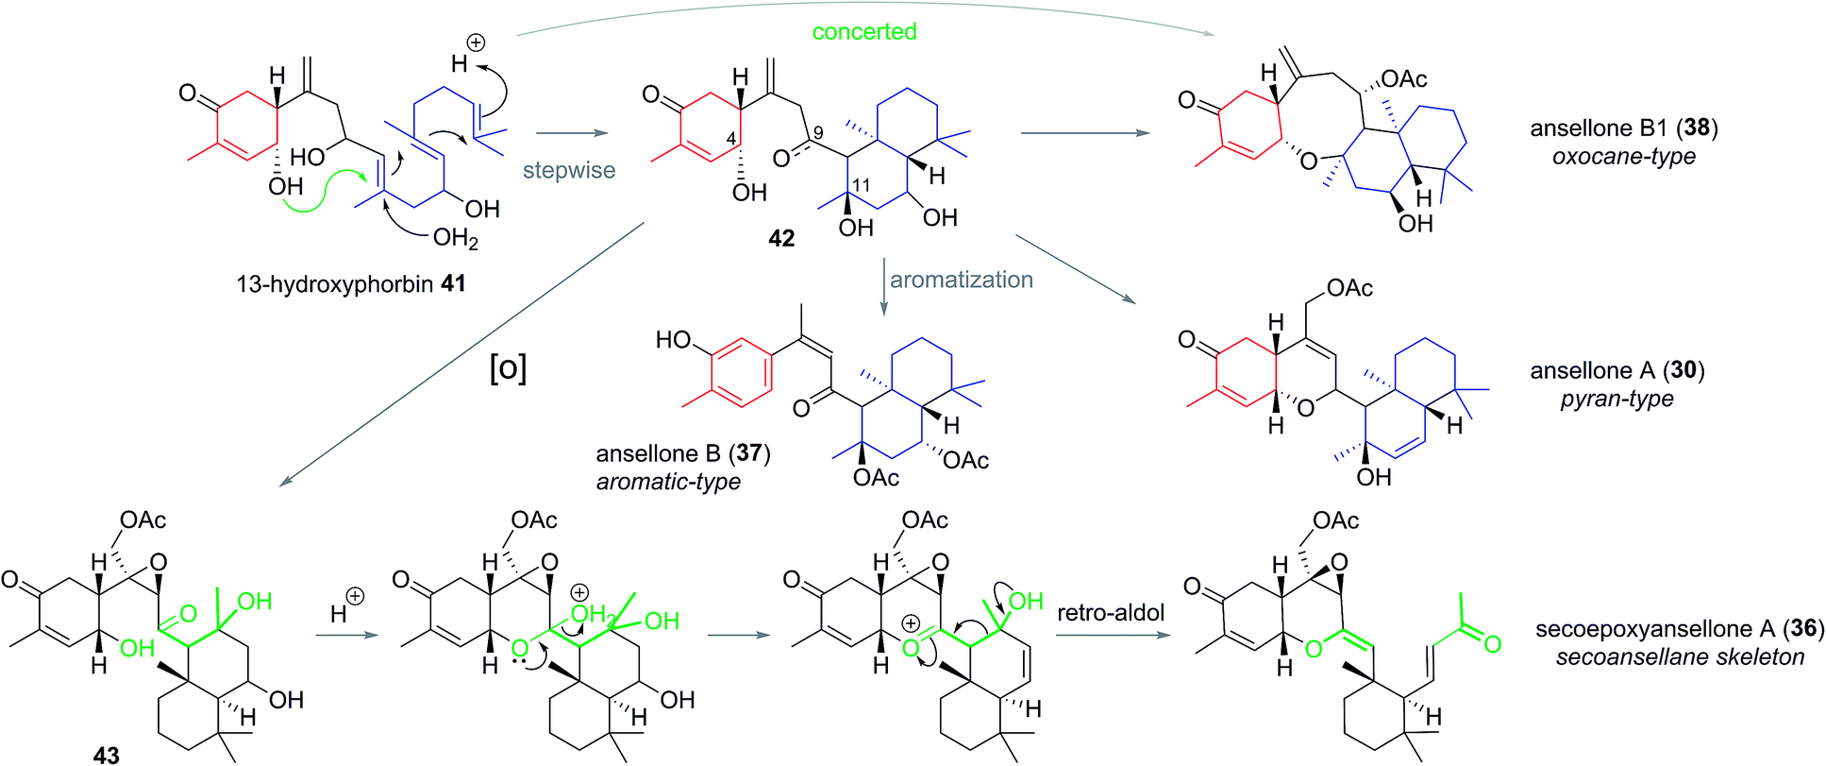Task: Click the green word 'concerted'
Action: [863, 31]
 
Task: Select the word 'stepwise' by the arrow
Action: [569, 170]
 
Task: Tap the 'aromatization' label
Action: [961, 280]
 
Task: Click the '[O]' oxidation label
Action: [508, 367]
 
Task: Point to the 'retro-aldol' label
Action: [1111, 612]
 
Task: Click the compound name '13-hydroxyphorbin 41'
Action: [351, 283]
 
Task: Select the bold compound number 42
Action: [781, 238]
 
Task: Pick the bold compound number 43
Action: [106, 754]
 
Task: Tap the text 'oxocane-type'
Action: [1623, 156]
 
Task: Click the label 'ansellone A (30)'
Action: [1617, 370]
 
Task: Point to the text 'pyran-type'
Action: [1617, 399]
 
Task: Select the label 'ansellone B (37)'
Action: [683, 453]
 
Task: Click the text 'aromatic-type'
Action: [668, 482]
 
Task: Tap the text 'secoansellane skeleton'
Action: [1680, 656]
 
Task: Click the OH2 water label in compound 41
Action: [455, 237]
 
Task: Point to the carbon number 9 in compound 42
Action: [817, 133]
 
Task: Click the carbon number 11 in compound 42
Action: [861, 185]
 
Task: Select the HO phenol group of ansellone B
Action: [674, 339]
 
